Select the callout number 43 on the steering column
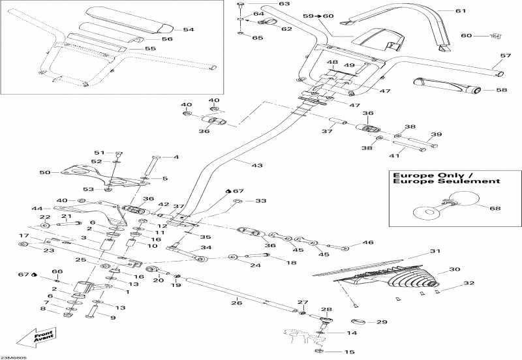point(257,166)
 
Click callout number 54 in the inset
point(189,29)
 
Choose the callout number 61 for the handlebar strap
point(461,11)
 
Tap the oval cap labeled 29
point(359,322)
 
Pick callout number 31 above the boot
point(435,252)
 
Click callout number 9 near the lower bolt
point(112,318)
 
